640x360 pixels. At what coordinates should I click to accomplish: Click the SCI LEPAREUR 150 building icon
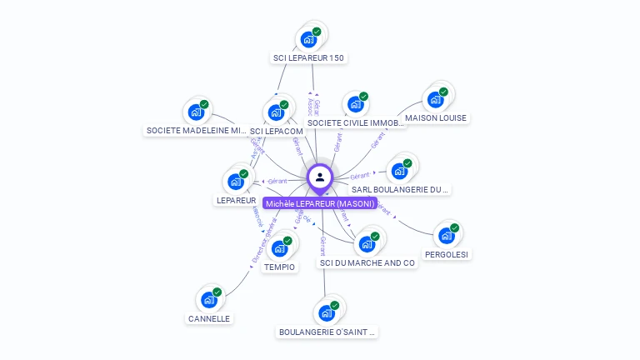pyautogui.click(x=309, y=39)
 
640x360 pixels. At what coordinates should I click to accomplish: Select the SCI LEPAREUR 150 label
pyautogui.click(x=308, y=58)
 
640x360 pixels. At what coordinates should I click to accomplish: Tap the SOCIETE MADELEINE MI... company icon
pyautogui.click(x=197, y=112)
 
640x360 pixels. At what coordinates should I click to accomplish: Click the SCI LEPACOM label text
pyautogui.click(x=277, y=132)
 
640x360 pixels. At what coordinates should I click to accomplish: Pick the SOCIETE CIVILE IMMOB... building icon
pyautogui.click(x=356, y=105)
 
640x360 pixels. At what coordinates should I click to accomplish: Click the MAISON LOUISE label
pyautogui.click(x=436, y=118)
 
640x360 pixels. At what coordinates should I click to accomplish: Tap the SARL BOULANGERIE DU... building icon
pyautogui.click(x=399, y=172)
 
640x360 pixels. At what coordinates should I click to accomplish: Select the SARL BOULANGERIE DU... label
pyautogui.click(x=401, y=190)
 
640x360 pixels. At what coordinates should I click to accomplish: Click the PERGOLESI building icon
pyautogui.click(x=447, y=236)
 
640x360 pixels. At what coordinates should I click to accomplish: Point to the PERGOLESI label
pyautogui.click(x=447, y=254)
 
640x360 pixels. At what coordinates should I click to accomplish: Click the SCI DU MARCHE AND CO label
pyautogui.click(x=367, y=263)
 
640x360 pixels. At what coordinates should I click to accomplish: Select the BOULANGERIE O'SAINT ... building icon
pyautogui.click(x=327, y=313)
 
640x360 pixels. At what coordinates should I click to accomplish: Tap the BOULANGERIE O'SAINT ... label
pyautogui.click(x=327, y=332)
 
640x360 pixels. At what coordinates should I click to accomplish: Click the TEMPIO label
pyautogui.click(x=279, y=267)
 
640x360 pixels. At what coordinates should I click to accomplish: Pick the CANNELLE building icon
pyautogui.click(x=209, y=300)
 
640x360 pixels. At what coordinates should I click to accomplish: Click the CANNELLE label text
pyautogui.click(x=209, y=318)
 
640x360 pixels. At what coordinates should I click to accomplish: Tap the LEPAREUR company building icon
pyautogui.click(x=236, y=182)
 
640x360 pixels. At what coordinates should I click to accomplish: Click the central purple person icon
pyautogui.click(x=320, y=177)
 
